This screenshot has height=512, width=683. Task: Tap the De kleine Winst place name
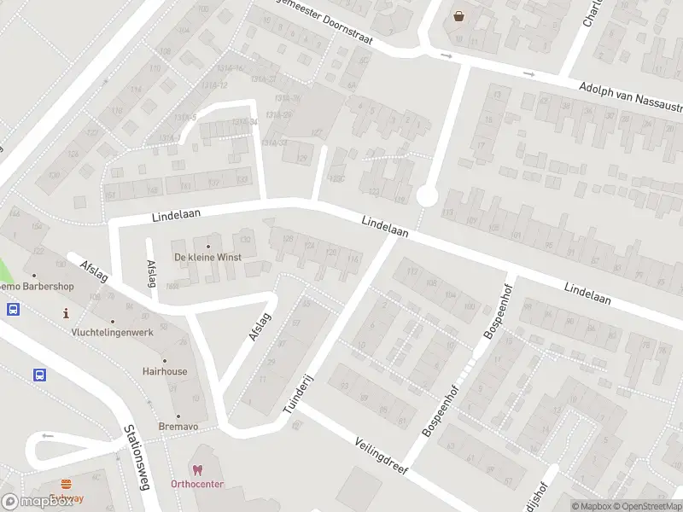(x=207, y=257)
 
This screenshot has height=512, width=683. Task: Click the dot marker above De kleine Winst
(x=207, y=247)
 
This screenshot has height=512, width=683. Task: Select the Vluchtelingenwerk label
(x=114, y=332)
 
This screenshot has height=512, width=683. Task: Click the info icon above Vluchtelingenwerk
(x=67, y=314)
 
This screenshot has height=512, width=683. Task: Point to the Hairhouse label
(x=165, y=371)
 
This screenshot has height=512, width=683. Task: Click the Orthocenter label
(x=197, y=485)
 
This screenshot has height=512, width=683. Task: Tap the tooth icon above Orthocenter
(x=197, y=470)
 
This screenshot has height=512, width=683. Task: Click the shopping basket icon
(x=459, y=16)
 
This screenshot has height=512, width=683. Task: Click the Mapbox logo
(x=38, y=501)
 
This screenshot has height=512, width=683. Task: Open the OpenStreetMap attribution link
(x=646, y=506)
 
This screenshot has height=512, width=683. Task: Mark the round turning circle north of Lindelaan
(x=427, y=197)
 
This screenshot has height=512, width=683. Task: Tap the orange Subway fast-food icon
(x=66, y=484)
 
